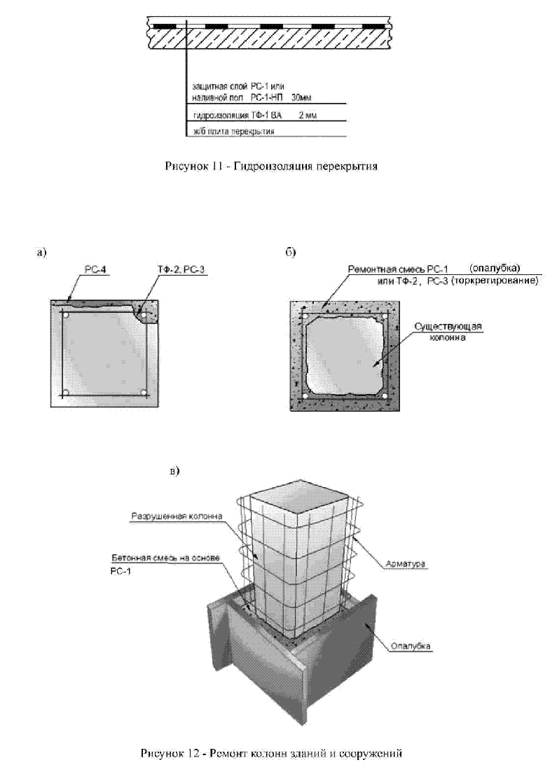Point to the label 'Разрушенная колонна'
click(x=177, y=516)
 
